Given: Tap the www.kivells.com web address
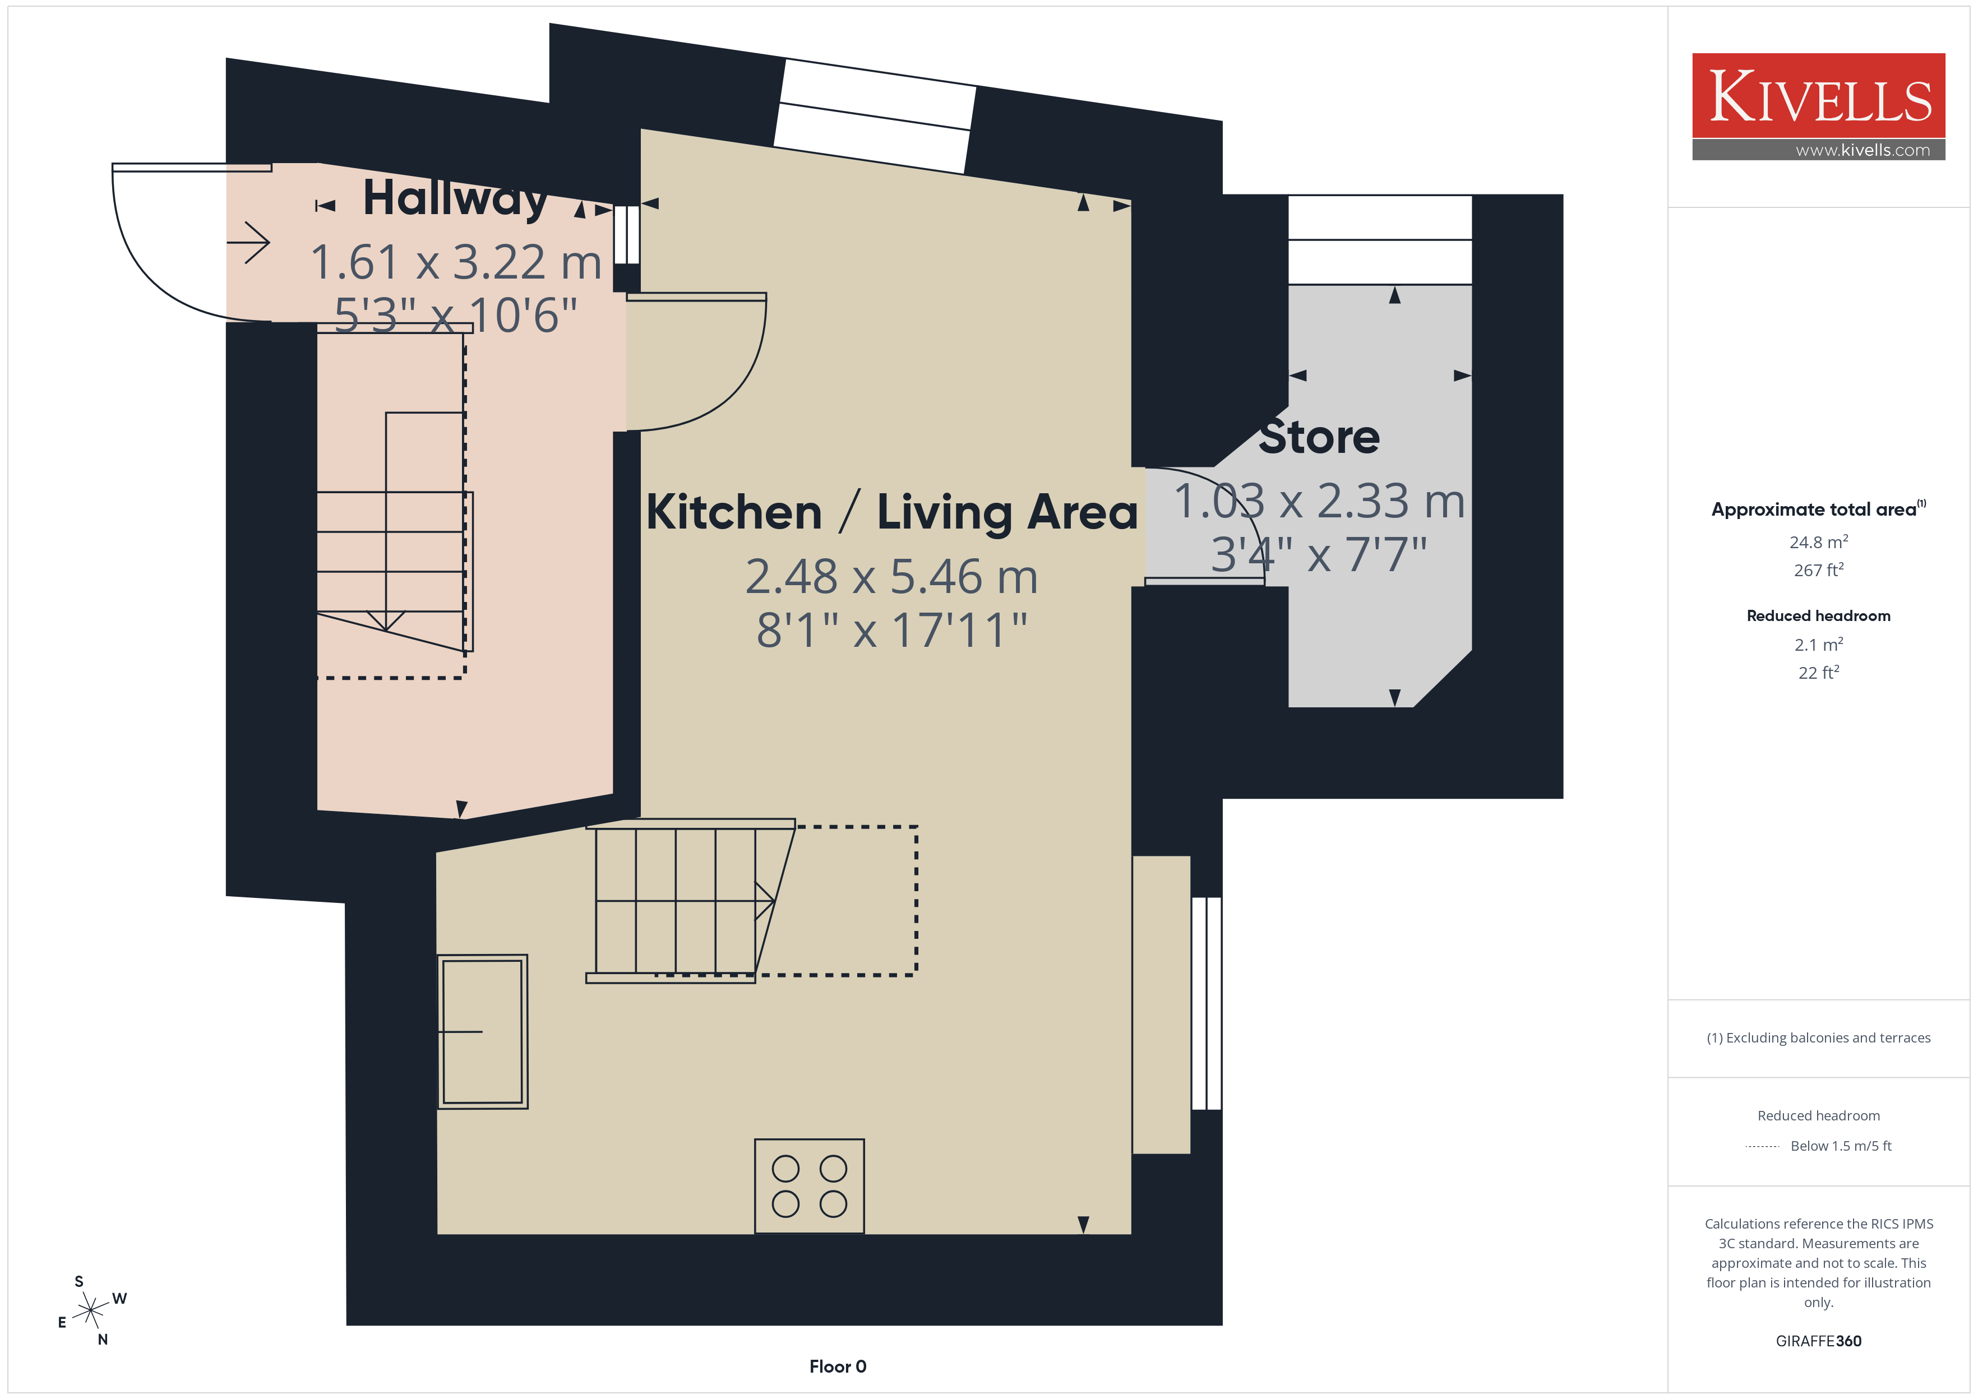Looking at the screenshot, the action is pyautogui.click(x=1863, y=150).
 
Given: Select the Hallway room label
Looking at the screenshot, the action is pyautogui.click(x=455, y=197).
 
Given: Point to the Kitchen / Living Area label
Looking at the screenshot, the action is pyautogui.click(x=891, y=512).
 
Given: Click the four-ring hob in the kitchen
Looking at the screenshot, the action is pyautogui.click(x=809, y=1186).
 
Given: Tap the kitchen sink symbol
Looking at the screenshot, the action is pyautogui.click(x=482, y=1031).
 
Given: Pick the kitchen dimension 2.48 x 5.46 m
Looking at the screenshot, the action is pyautogui.click(x=891, y=576).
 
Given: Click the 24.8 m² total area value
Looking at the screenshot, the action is pyautogui.click(x=1819, y=542).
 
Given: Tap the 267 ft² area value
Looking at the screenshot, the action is pyautogui.click(x=1819, y=570).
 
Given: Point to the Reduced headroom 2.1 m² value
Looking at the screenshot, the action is pyautogui.click(x=1819, y=645).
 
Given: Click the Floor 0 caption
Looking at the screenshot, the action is pyautogui.click(x=838, y=1366).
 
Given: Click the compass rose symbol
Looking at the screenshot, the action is pyautogui.click(x=90, y=1311).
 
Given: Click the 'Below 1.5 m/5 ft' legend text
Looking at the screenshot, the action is pyautogui.click(x=1841, y=1146).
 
